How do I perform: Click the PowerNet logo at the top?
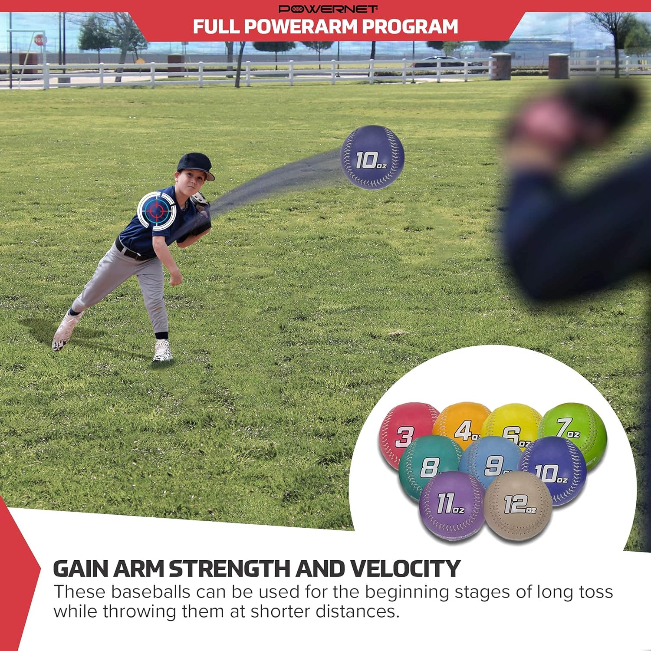coord(328,9)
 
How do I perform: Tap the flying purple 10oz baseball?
coord(372,158)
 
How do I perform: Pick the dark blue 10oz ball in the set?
coord(553,471)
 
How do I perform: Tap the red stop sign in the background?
coord(40,40)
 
